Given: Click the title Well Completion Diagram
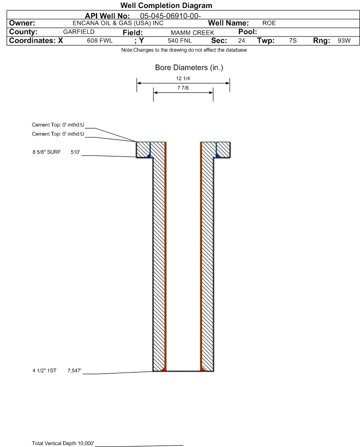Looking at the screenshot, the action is [166, 5].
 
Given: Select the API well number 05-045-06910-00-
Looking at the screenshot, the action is [170, 16].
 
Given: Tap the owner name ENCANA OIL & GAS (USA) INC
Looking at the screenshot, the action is [118, 23].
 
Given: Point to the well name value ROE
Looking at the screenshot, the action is [269, 23].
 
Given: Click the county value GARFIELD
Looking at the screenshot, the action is [79, 32].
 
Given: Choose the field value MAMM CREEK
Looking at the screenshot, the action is [192, 33].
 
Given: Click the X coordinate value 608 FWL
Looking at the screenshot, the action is [100, 41].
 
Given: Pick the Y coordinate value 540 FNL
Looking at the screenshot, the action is [180, 41].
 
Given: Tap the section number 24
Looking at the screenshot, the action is [241, 41].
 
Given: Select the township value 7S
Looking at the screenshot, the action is [293, 41].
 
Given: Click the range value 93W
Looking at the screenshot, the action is [344, 41].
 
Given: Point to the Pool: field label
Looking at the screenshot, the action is [248, 32].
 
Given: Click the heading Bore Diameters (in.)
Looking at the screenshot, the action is [189, 68].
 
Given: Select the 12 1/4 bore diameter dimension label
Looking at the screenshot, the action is [183, 78].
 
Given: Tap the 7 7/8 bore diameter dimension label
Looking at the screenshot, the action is [183, 88].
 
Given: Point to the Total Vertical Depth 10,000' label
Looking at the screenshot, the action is [63, 443].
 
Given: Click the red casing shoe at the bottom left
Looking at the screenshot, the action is [164, 369].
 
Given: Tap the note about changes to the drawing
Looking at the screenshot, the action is [184, 50].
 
